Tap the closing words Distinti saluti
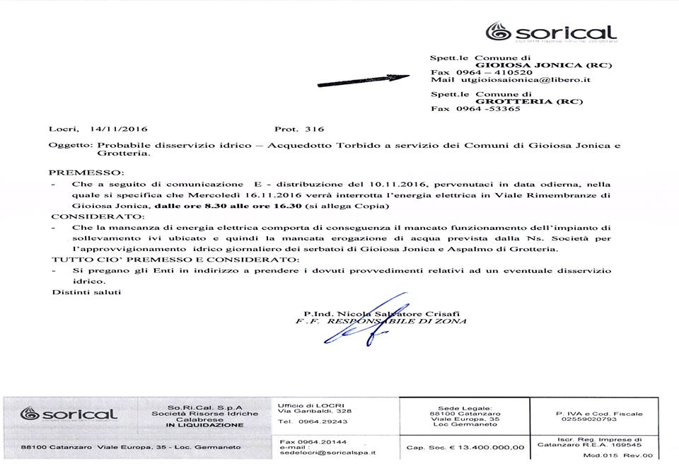[x=76, y=291]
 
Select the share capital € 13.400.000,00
[x=465, y=447]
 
